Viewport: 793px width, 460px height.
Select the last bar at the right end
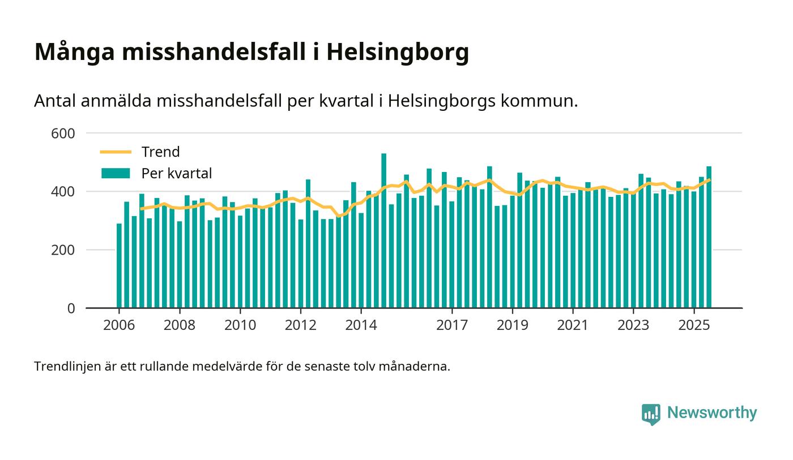(x=709, y=238)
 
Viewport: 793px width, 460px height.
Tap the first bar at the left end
(x=119, y=266)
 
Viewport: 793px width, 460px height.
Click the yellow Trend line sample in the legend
(x=116, y=152)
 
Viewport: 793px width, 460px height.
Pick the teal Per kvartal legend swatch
(x=116, y=173)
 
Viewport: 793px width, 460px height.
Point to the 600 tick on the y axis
(x=63, y=134)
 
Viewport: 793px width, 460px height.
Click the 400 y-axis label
(x=63, y=192)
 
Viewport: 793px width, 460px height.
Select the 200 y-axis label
(x=63, y=250)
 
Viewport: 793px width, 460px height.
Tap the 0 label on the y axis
(x=71, y=308)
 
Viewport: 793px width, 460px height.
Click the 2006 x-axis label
(x=119, y=325)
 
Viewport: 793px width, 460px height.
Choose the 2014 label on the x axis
(x=361, y=325)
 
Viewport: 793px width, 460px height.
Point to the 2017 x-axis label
(x=452, y=325)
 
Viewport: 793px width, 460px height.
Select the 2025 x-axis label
(x=694, y=325)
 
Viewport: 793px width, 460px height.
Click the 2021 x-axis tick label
(x=573, y=325)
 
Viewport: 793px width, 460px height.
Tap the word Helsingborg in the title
(x=398, y=52)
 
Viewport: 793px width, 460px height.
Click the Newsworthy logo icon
(x=651, y=414)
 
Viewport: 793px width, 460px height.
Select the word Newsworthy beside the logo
(x=711, y=412)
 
